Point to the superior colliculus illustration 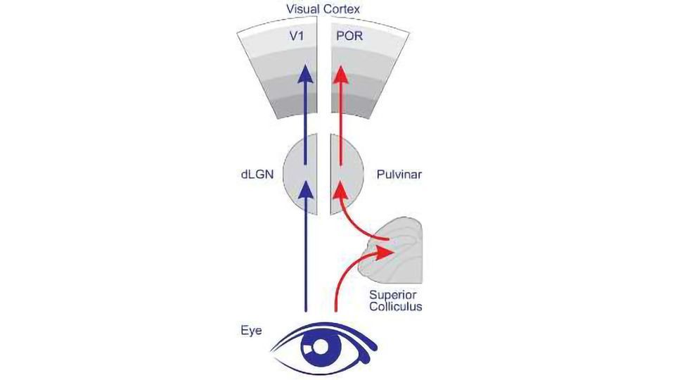pyautogui.click(x=397, y=250)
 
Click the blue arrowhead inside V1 pyautogui.click(x=305, y=72)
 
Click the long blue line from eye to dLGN pyautogui.click(x=305, y=260)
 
